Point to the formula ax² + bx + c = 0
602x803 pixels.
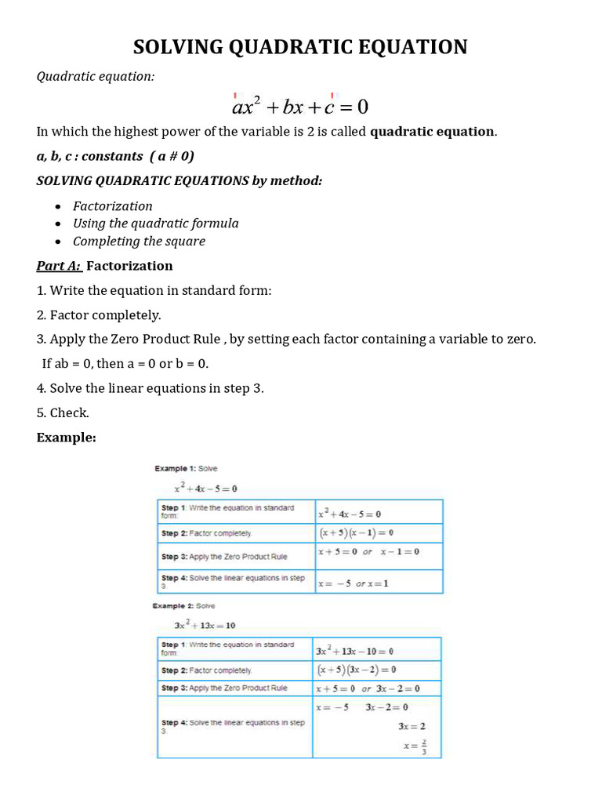300,104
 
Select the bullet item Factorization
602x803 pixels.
113,206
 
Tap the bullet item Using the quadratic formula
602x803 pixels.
156,223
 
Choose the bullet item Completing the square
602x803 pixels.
139,242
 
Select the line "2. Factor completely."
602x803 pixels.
99,315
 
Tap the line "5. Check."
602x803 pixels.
63,412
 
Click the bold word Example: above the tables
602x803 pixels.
67,438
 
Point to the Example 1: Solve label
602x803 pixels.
186,469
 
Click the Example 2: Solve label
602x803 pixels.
184,606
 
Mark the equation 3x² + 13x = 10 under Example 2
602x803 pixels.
205,626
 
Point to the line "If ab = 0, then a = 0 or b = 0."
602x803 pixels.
125,364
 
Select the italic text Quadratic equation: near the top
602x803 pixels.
96,76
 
